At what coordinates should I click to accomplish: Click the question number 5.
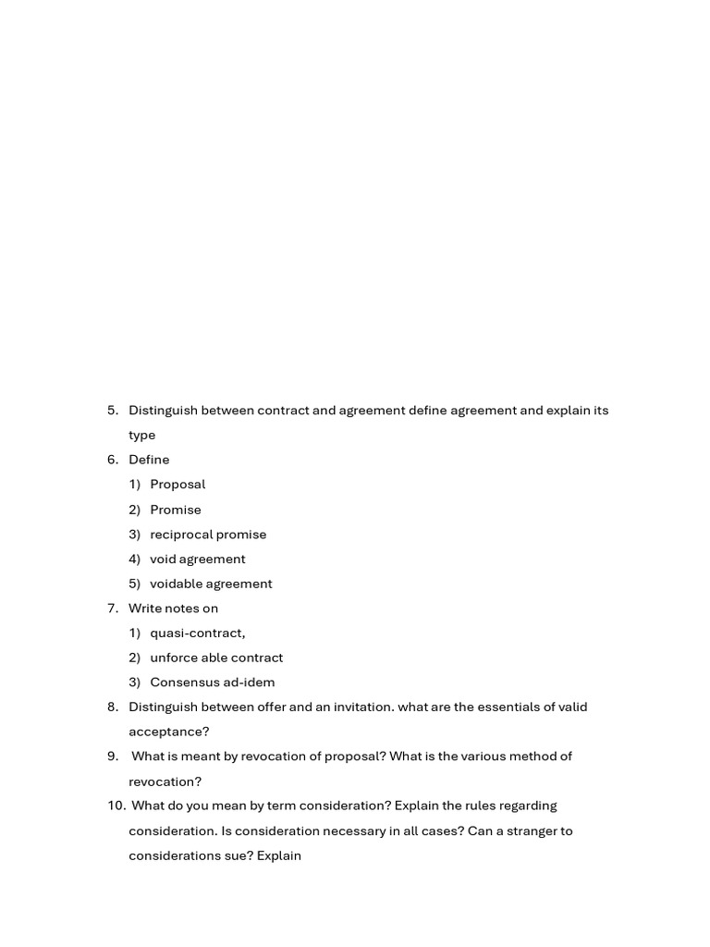pos(113,411)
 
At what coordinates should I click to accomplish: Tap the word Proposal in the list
pos(177,485)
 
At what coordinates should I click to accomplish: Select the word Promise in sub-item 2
pos(176,510)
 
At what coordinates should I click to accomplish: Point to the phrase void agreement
pos(198,560)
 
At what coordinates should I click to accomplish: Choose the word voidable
pos(176,584)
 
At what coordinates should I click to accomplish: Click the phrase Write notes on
pos(173,609)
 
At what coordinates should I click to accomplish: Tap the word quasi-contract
pos(197,633)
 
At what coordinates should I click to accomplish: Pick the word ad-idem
pos(250,683)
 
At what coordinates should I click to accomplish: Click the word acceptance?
pos(169,732)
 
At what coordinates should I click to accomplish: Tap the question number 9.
pos(113,756)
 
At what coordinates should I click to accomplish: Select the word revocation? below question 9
pos(165,781)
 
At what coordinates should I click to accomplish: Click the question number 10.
pos(116,806)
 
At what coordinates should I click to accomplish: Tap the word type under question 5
pos(141,436)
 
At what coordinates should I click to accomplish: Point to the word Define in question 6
pos(149,460)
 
